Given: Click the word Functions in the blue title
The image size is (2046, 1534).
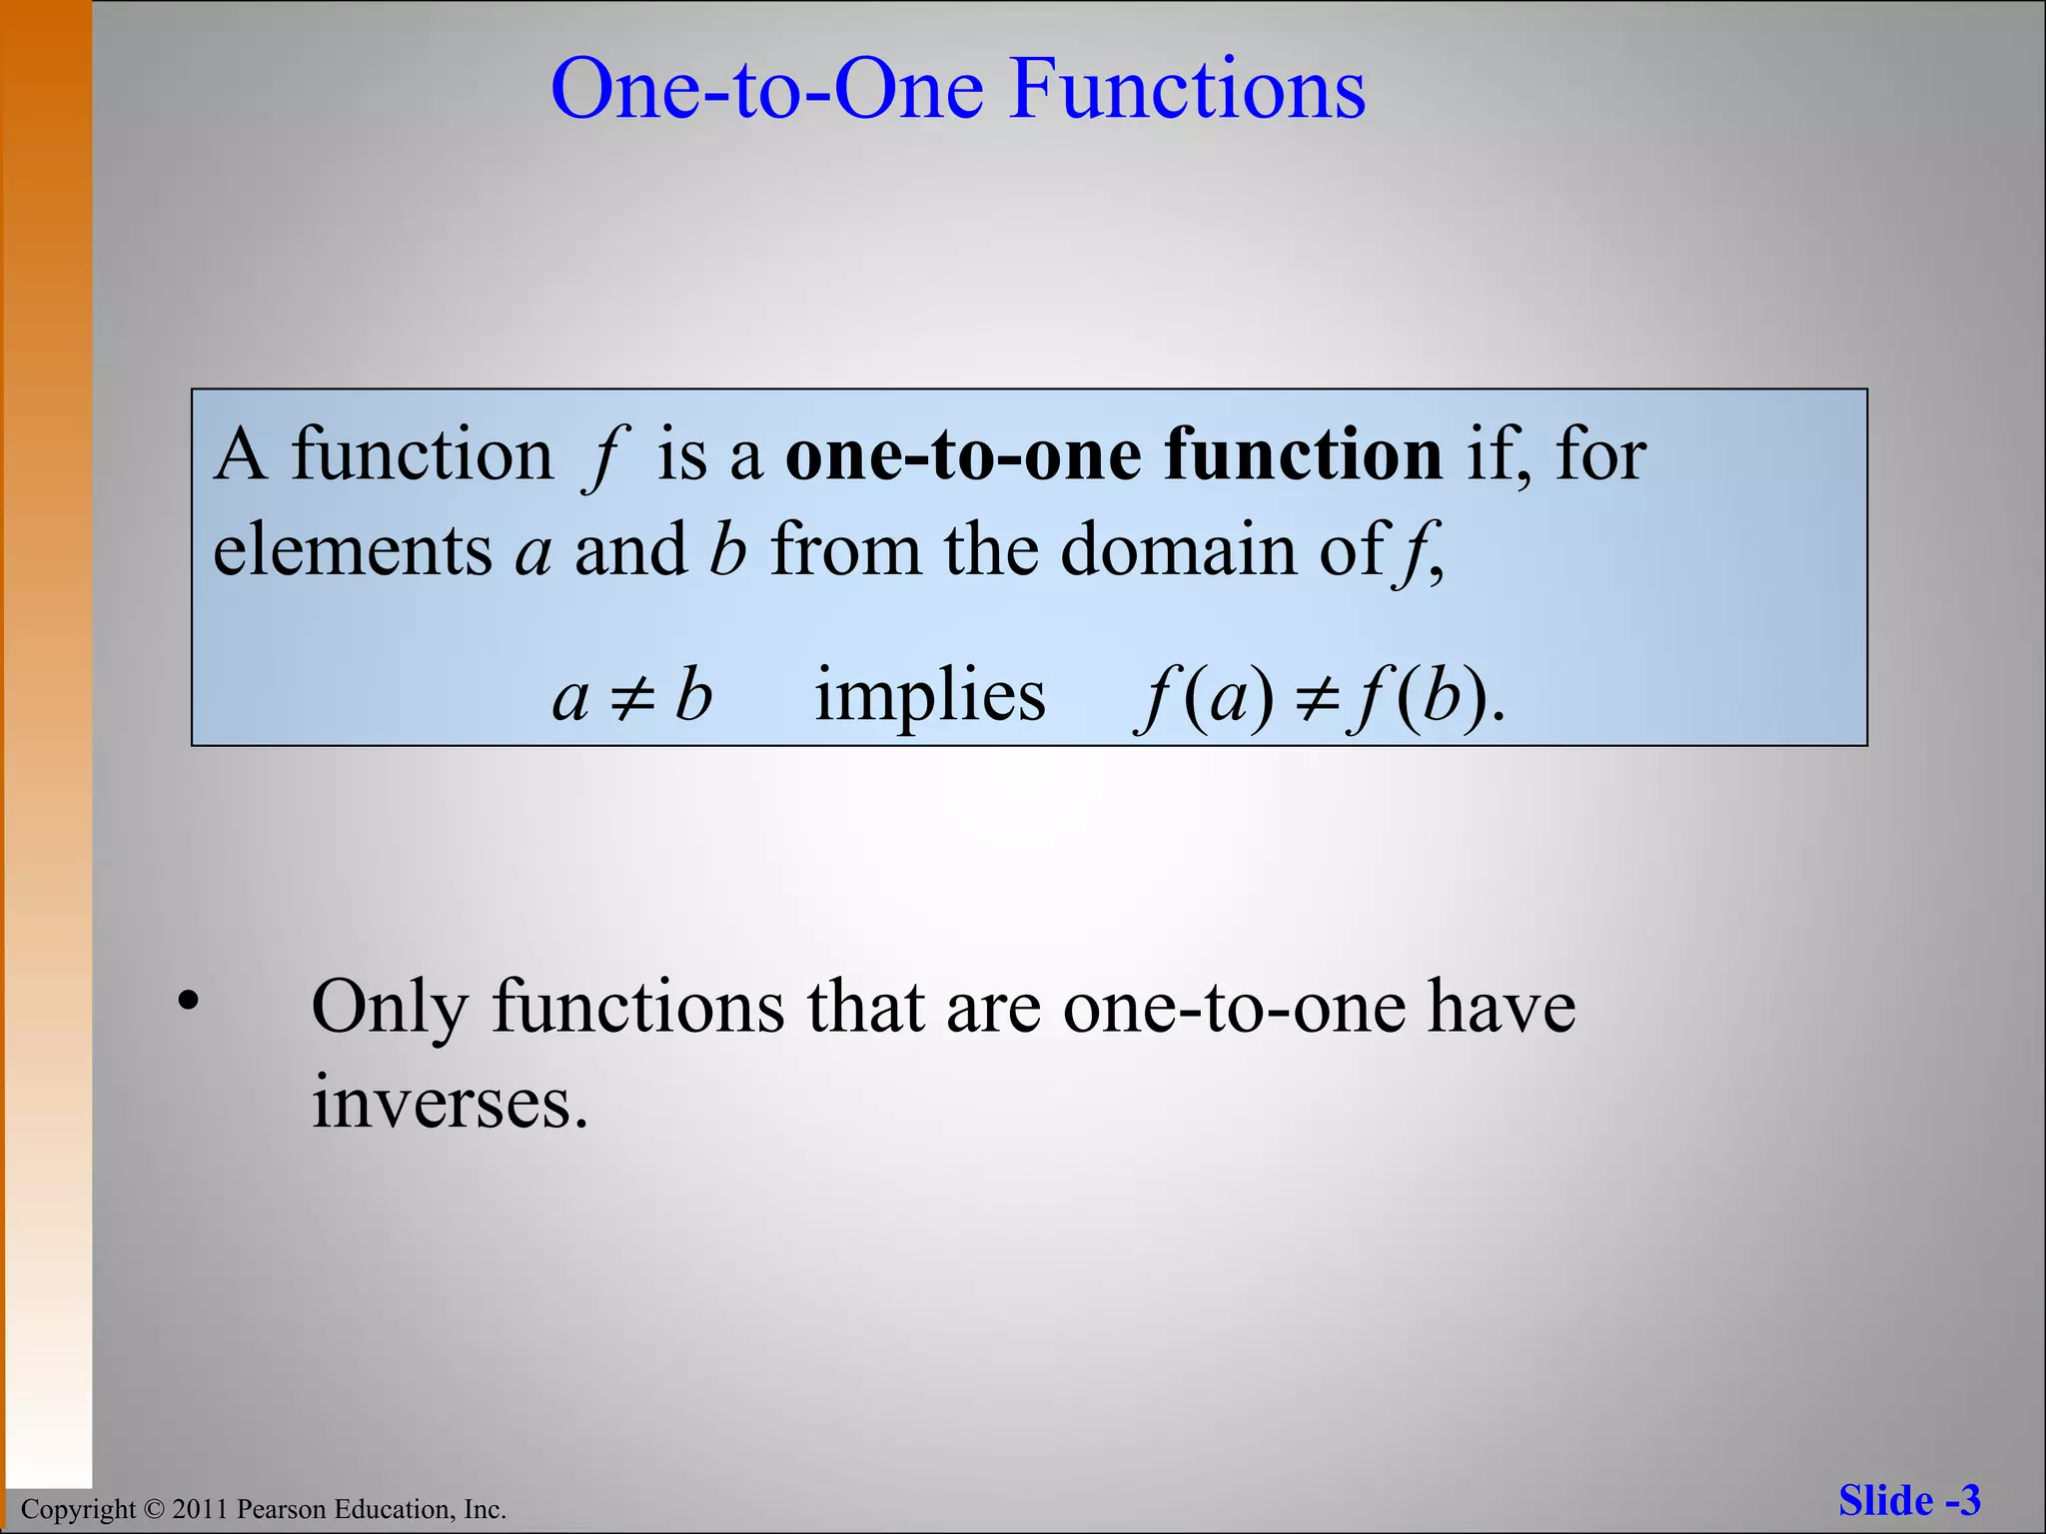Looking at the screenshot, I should point(1187,90).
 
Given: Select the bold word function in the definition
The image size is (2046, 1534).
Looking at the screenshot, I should point(1303,455).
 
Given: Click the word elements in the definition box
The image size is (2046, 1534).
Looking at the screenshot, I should point(352,550).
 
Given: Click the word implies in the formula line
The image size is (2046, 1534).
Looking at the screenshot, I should point(930,696).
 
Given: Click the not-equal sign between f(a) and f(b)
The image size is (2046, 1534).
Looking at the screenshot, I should point(1317,697).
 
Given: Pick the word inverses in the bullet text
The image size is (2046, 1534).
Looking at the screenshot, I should point(450,1104).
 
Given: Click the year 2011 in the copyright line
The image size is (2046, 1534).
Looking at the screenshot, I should point(202,1509).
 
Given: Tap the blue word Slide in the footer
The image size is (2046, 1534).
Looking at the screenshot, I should point(1885,1501).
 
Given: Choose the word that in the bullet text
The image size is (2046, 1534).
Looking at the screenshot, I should point(865,1007).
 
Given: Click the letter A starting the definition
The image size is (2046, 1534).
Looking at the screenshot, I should point(240,455).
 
